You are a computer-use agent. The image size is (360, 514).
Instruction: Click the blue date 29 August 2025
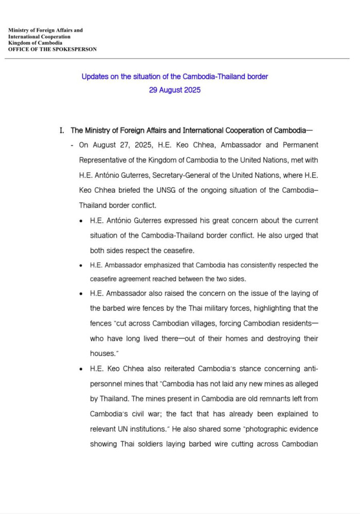(x=175, y=90)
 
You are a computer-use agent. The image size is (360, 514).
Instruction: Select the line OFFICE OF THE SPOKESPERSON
(x=52, y=49)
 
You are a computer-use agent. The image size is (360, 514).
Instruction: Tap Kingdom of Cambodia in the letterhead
(x=34, y=43)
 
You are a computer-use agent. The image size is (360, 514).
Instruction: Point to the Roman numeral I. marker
(x=62, y=131)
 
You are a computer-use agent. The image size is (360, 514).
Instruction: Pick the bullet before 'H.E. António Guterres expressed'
(x=81, y=221)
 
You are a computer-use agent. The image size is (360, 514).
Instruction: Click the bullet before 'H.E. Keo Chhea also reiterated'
(x=81, y=370)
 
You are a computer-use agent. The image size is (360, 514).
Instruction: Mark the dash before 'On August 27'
(x=71, y=145)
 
